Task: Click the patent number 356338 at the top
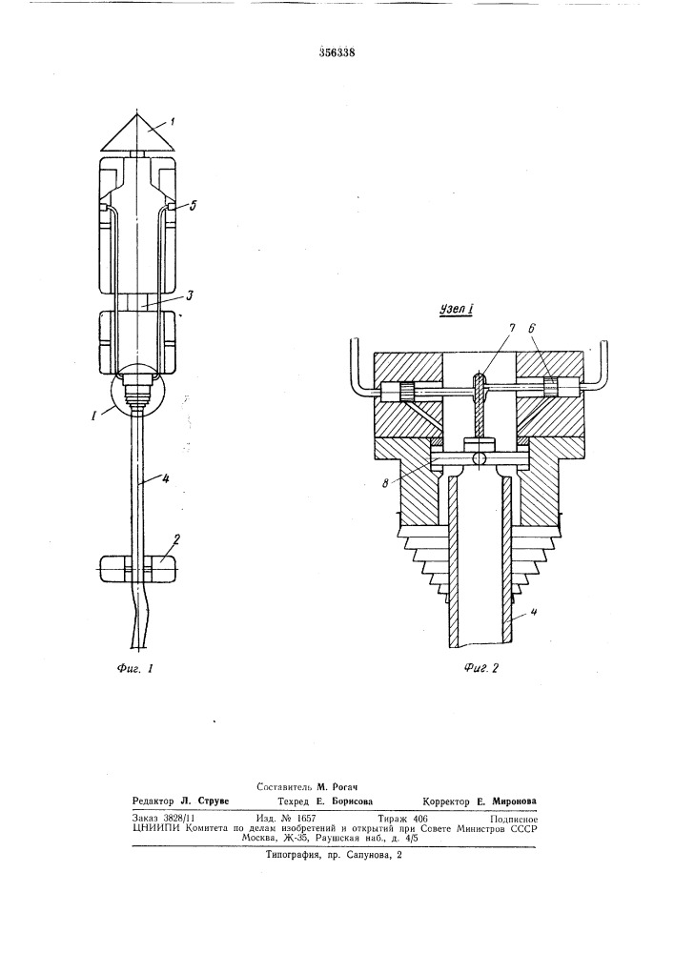click(x=337, y=52)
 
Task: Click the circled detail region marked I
click(x=139, y=389)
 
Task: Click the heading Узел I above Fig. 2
click(x=457, y=310)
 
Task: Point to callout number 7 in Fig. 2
click(x=511, y=330)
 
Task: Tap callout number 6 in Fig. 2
click(x=531, y=330)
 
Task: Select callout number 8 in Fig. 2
click(x=386, y=484)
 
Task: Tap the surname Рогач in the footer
click(x=344, y=786)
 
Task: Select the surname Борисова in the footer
click(x=351, y=801)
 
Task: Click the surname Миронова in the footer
click(x=514, y=801)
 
